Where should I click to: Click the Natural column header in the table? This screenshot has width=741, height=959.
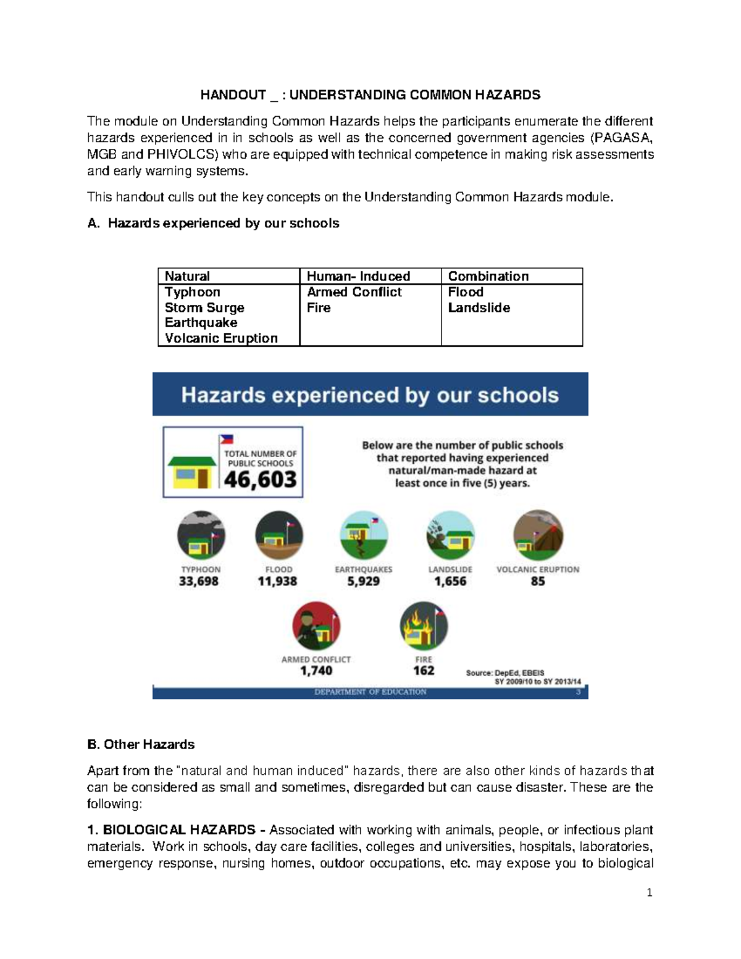point(187,276)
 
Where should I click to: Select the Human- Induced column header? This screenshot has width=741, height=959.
point(358,276)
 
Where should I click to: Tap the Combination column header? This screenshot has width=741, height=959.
point(488,276)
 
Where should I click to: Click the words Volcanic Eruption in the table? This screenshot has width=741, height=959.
point(221,338)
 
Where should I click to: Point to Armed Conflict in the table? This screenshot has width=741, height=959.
point(354,292)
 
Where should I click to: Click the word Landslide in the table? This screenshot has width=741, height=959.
point(479,308)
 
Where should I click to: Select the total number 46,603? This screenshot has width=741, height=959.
point(260,479)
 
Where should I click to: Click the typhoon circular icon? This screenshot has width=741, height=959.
point(201,535)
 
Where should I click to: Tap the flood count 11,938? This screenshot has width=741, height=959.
point(277,581)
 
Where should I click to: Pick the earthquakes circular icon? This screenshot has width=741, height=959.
point(364,535)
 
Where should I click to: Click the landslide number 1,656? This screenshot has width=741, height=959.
point(450,581)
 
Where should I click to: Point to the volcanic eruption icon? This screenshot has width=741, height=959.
point(537,534)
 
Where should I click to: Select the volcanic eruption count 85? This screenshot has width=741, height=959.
point(538,581)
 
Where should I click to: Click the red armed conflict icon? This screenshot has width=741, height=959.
point(316,625)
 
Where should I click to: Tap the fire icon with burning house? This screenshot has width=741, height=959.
point(424,625)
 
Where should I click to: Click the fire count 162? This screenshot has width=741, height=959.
point(424,671)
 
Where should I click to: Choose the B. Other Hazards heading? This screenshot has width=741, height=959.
point(141,745)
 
